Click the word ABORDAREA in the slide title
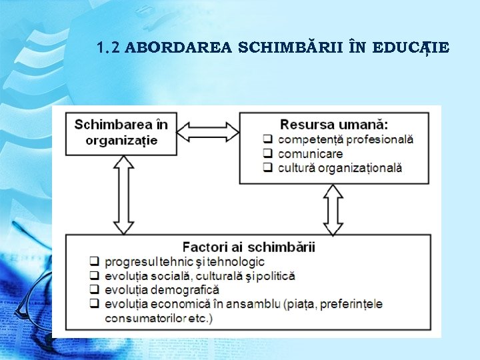(x=179, y=48)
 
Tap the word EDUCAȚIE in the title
(x=411, y=48)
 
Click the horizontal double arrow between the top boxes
(x=209, y=131)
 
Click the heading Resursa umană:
(x=334, y=125)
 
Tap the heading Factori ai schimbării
(x=249, y=247)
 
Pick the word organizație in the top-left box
(x=121, y=140)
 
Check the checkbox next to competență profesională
(x=268, y=140)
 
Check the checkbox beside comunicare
(x=268, y=154)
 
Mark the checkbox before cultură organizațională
(x=268, y=168)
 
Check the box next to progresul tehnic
(x=95, y=262)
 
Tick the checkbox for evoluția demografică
(x=95, y=290)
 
